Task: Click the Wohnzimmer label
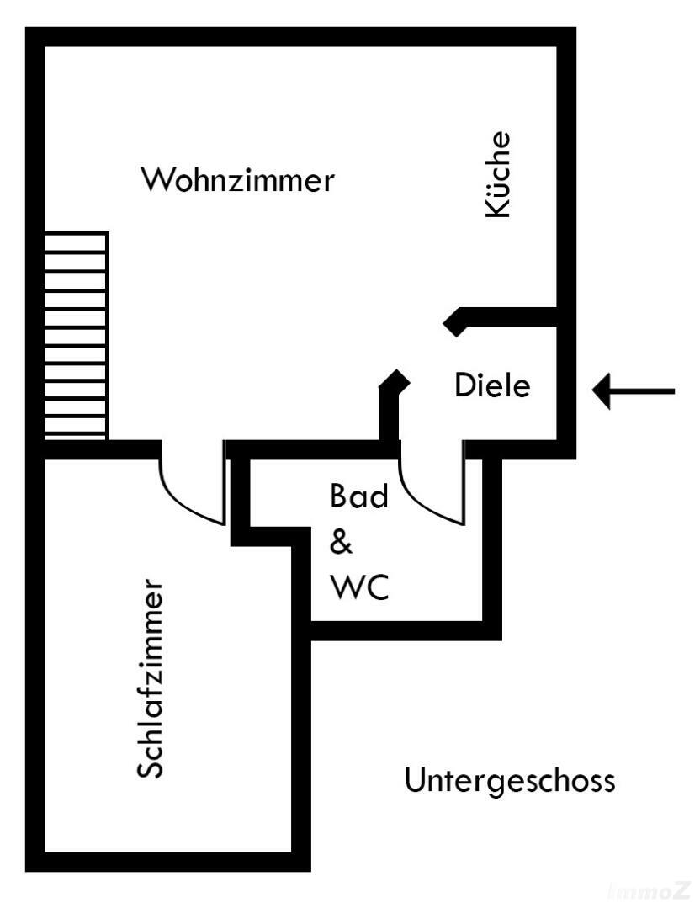[237, 180]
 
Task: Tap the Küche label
[497, 175]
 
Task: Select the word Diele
[492, 385]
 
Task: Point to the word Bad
[359, 496]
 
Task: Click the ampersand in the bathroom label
[341, 543]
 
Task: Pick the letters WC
[359, 587]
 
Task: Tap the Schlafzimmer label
[150, 677]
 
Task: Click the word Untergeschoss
[509, 780]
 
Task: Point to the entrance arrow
[634, 390]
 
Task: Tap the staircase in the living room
[76, 335]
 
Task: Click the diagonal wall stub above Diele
[457, 321]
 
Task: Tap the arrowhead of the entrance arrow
[602, 390]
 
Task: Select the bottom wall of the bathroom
[404, 630]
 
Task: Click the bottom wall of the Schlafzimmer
[168, 861]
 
